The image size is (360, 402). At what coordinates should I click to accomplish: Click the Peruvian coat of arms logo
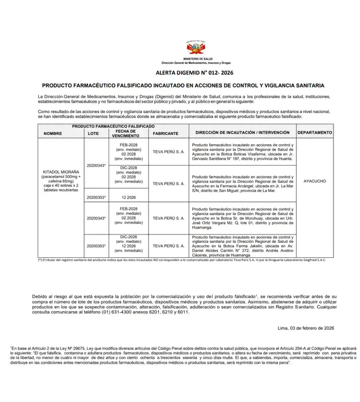point(195,46)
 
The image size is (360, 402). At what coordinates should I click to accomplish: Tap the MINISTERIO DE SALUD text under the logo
point(195,58)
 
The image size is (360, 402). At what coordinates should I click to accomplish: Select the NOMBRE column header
point(53,134)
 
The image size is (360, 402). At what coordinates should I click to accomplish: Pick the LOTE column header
point(93,134)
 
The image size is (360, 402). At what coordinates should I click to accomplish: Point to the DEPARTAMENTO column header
point(315,133)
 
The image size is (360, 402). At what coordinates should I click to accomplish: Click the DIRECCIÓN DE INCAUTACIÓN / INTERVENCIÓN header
point(242,133)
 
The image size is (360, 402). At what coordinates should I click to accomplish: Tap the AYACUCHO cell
point(315,181)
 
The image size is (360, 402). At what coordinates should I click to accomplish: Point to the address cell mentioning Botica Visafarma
point(242,152)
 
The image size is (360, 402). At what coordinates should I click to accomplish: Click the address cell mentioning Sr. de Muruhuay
point(242,218)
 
